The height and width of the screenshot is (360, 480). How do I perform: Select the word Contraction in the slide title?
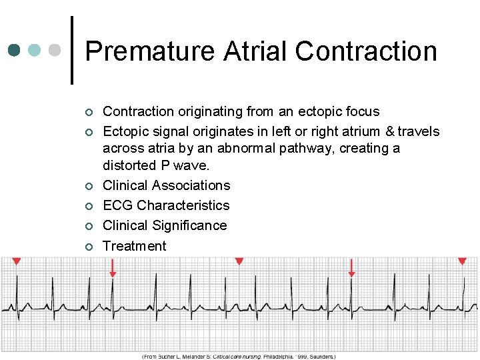point(366,51)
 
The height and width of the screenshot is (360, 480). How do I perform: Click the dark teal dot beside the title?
point(15,51)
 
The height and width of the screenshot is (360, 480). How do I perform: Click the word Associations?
point(191,185)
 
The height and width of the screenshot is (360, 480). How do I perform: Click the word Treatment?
point(135,246)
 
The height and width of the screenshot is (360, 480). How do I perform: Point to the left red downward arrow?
point(113,269)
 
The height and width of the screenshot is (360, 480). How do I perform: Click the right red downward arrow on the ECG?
point(351,269)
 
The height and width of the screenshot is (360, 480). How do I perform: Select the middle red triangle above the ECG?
point(239,261)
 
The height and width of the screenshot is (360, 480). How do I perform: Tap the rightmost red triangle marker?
point(462,261)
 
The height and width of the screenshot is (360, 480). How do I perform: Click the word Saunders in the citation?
point(321,357)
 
